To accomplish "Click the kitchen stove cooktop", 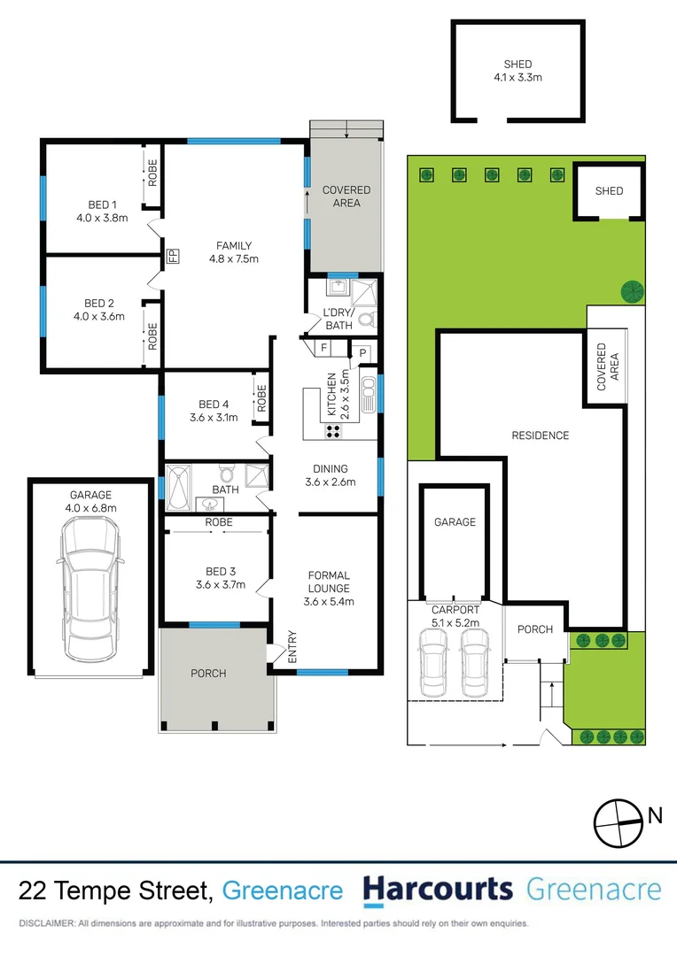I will coord(334,431).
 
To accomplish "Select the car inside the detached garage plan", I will coord(88,590).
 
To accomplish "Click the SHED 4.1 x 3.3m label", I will coord(517,71).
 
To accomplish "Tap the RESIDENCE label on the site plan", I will coord(540,435).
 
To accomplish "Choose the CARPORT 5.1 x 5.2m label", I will coord(455,615).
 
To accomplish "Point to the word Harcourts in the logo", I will coord(438,890).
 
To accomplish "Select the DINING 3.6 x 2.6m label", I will coord(329,475).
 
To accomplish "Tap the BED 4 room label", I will coord(213,412).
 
